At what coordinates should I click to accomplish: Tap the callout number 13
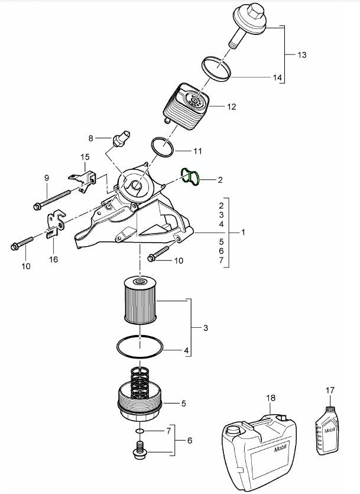click(x=301, y=55)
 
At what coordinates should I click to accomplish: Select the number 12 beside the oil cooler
click(x=231, y=107)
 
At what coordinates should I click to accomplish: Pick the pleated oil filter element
click(x=140, y=302)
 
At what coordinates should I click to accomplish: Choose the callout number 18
click(x=271, y=399)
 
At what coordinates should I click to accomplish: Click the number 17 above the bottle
click(x=330, y=390)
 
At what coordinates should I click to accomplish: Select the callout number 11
click(x=197, y=151)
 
